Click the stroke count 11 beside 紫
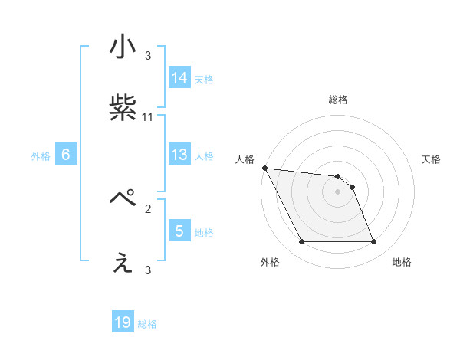coord(148,117)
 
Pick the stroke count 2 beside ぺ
coord(148,208)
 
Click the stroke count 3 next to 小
coord(148,56)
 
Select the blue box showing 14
coord(179,78)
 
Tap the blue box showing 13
coord(179,155)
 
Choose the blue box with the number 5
coord(179,231)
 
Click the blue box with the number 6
coord(66,155)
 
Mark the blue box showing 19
coord(123,322)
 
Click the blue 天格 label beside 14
coord(204,80)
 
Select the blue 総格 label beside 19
coord(147,324)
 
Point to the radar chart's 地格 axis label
coord(402,262)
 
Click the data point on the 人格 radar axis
coord(264,168)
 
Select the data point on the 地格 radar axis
coord(373,242)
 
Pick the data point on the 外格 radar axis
coord(301,242)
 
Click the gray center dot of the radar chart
coord(337,191)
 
